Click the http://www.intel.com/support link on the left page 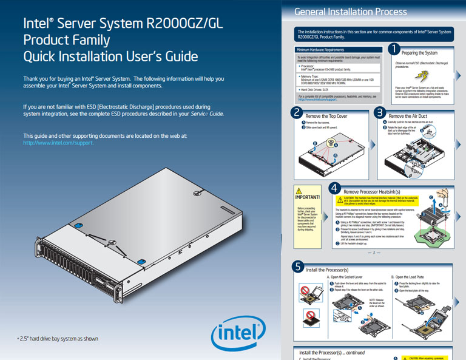pyautogui.click(x=58, y=143)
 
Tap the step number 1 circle pyautogui.click(x=393, y=48)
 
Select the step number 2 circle pyautogui.click(x=296, y=112)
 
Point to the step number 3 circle pyautogui.click(x=379, y=112)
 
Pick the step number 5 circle pyautogui.click(x=297, y=266)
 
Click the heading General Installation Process pyautogui.click(x=350, y=12)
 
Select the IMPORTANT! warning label pyautogui.click(x=306, y=197)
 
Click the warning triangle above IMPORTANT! pyautogui.click(x=306, y=190)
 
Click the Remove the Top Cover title pyautogui.click(x=326, y=116)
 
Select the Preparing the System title pyautogui.click(x=419, y=53)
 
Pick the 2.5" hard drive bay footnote pyautogui.click(x=58, y=338)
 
